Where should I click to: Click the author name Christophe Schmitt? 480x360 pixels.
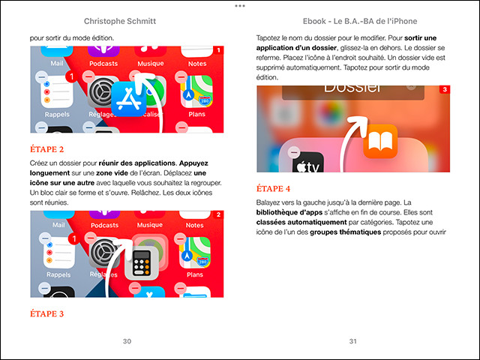(x=127, y=21)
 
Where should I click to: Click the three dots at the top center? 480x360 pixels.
(x=240, y=5)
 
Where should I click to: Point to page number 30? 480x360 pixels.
(x=127, y=341)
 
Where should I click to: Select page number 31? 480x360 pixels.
(x=352, y=341)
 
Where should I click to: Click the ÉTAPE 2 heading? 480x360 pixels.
(x=46, y=148)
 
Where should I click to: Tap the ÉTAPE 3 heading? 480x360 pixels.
(x=46, y=313)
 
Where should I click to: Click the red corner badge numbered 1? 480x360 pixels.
(x=218, y=51)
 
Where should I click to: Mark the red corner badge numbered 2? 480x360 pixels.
(x=218, y=215)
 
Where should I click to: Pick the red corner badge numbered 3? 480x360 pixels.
(x=445, y=90)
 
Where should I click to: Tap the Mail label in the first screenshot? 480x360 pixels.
(x=57, y=64)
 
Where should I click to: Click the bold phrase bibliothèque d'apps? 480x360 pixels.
(x=289, y=213)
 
